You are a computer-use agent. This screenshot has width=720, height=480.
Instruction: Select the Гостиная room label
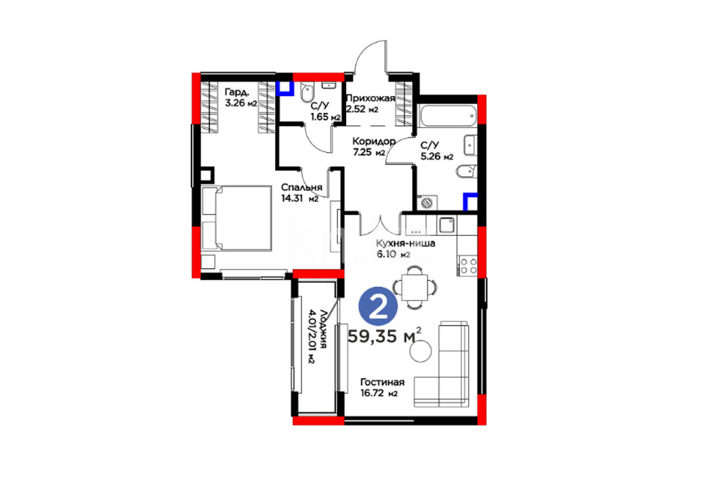(x=382, y=383)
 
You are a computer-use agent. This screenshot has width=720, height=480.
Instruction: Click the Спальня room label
(x=301, y=188)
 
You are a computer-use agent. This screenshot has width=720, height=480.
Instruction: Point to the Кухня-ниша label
(x=405, y=243)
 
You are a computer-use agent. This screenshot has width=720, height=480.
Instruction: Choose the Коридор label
(x=373, y=141)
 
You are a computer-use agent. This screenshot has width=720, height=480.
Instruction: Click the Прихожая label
(x=370, y=98)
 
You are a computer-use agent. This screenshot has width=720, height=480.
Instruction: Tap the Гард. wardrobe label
(x=237, y=92)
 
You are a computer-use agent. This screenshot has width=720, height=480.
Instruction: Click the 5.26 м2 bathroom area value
(x=437, y=156)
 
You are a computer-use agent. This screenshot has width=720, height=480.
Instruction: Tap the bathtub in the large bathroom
(x=448, y=116)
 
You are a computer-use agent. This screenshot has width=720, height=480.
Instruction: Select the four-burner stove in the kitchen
(x=468, y=265)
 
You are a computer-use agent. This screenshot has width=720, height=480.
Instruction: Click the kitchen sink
(x=447, y=225)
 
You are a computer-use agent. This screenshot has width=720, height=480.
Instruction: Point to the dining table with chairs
(x=415, y=287)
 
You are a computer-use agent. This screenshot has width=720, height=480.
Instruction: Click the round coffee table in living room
(x=421, y=351)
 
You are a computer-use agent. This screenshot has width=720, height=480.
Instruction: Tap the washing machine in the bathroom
(x=427, y=202)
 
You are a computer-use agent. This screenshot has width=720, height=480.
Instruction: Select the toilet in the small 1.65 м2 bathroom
(x=307, y=93)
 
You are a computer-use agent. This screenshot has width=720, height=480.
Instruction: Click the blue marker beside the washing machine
(x=470, y=202)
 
